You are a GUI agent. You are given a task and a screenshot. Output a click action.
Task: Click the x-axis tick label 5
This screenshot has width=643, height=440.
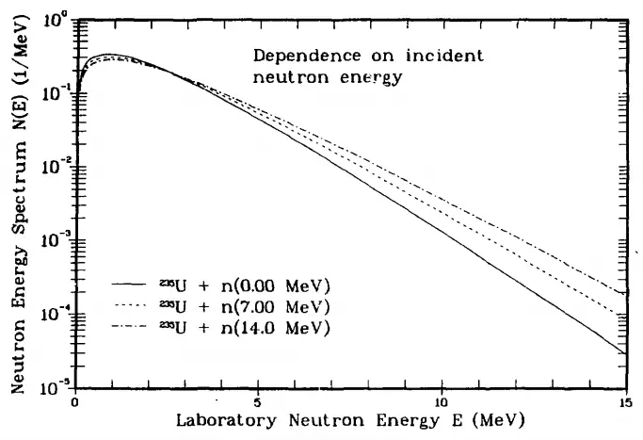point(258,400)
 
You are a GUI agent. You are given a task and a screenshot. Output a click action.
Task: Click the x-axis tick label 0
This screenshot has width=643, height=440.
point(74,400)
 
